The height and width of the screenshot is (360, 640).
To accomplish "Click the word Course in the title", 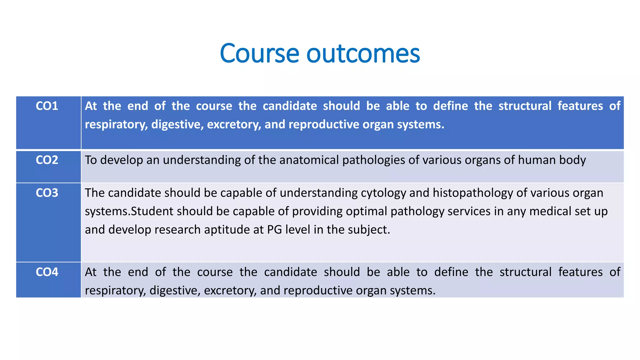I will (x=259, y=53).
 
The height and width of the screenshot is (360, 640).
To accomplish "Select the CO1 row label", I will (x=47, y=106).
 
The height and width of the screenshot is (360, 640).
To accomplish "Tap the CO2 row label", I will (x=47, y=160).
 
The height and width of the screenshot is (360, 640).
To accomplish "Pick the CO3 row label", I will (x=47, y=193).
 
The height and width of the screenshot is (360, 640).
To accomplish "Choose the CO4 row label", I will (x=47, y=272).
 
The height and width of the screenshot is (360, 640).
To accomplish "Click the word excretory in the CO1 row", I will (x=234, y=125).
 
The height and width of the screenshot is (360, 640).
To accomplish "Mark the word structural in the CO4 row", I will (x=525, y=272).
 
